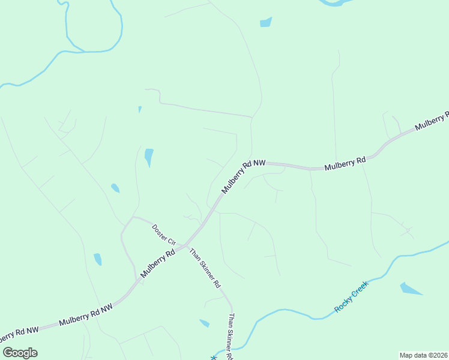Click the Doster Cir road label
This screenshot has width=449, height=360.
pyautogui.click(x=163, y=235)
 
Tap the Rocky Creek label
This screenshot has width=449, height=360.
pyautogui.click(x=351, y=296)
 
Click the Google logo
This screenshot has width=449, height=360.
pyautogui.click(x=20, y=353)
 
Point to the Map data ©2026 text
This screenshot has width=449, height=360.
pyautogui.click(x=423, y=355)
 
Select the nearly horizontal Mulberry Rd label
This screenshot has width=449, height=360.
pyautogui.click(x=345, y=164)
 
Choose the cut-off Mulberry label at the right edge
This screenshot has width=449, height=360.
pyautogui.click(x=432, y=121)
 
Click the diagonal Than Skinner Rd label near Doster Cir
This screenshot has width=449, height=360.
pyautogui.click(x=205, y=268)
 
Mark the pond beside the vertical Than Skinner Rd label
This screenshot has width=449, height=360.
pyautogui.click(x=204, y=323)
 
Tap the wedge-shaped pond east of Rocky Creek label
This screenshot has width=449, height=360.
pyautogui.click(x=410, y=289)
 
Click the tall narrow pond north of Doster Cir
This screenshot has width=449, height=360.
pyautogui.click(x=148, y=157)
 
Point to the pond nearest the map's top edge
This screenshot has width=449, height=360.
pyautogui.click(x=265, y=23)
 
